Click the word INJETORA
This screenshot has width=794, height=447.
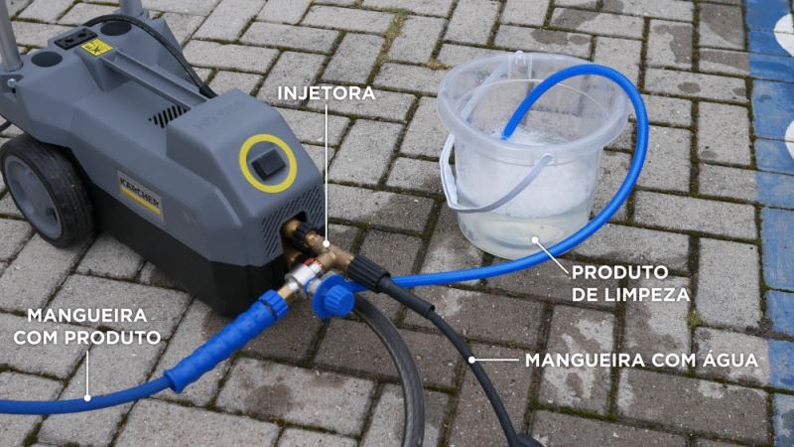[x=327, y=93]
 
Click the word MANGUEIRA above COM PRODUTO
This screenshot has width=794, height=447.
[x=87, y=315]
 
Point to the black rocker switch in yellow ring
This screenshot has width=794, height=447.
[x=268, y=164]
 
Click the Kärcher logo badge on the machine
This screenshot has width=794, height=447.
[x=140, y=196]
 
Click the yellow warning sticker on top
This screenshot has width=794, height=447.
[x=96, y=47]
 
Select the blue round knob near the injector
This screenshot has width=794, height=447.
[x=332, y=300]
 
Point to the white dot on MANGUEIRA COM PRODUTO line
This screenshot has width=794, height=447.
[x=87, y=398]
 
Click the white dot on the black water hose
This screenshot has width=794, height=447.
[x=471, y=360]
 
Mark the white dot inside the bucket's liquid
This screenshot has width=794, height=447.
[x=535, y=239]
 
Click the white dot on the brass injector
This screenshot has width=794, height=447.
[x=327, y=244]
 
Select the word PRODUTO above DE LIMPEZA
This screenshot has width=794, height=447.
[x=620, y=272]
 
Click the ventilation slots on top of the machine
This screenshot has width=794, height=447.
[x=169, y=115]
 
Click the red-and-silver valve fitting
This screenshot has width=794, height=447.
[x=305, y=275]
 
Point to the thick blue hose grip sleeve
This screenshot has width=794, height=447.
[x=222, y=345]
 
